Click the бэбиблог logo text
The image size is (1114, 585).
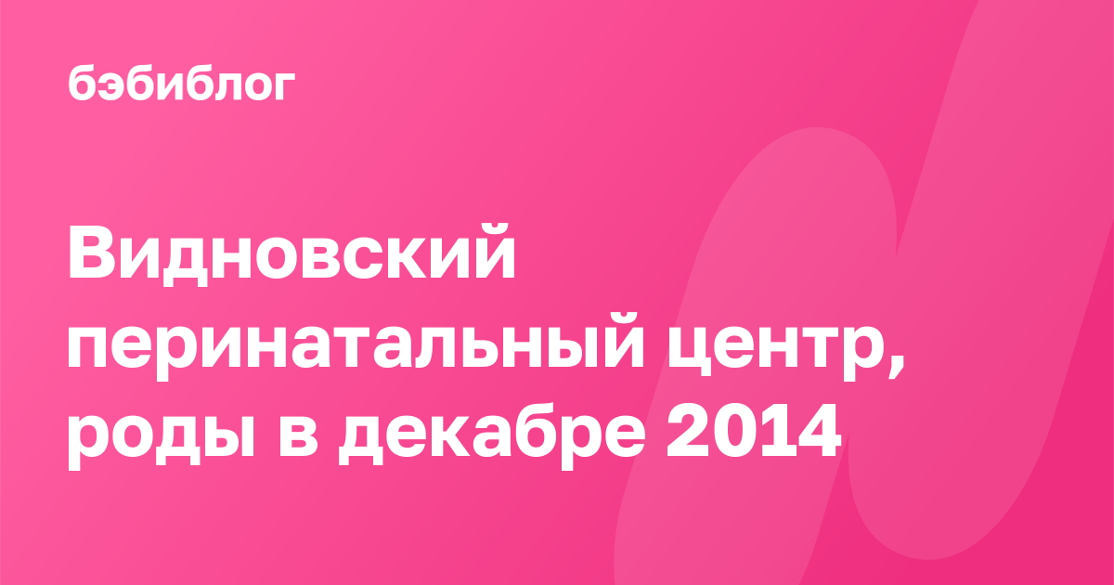click(182, 83)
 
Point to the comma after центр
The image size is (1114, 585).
click(896, 365)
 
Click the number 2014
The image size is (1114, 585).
click(754, 431)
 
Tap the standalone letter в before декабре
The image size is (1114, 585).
click(297, 436)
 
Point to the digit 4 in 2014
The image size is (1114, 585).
click(818, 431)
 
